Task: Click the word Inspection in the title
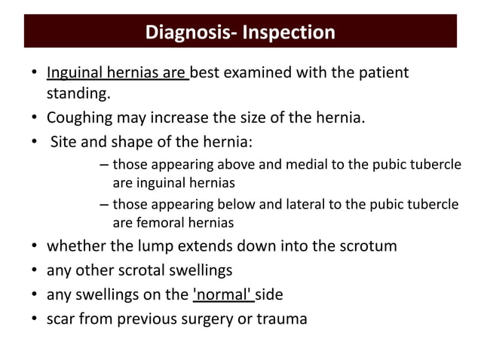[x=289, y=33]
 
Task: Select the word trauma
[x=282, y=319]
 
